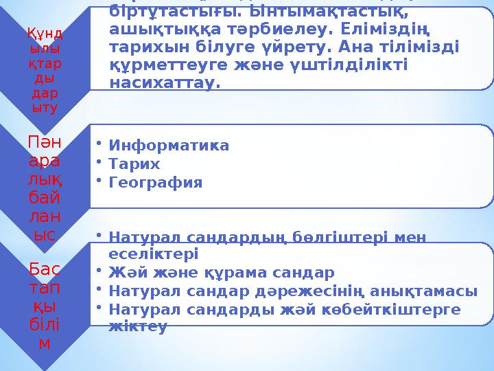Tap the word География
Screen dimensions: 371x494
click(x=156, y=183)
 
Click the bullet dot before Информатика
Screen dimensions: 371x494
click(x=100, y=144)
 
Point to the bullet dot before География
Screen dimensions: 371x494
click(x=100, y=181)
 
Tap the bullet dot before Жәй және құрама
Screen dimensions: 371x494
click(x=100, y=269)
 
